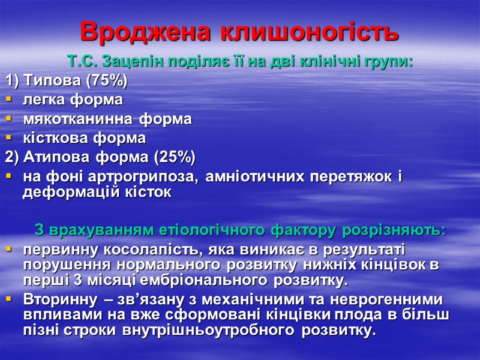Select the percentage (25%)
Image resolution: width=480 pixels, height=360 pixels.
click(x=175, y=157)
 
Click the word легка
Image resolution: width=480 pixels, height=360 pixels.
click(x=44, y=99)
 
